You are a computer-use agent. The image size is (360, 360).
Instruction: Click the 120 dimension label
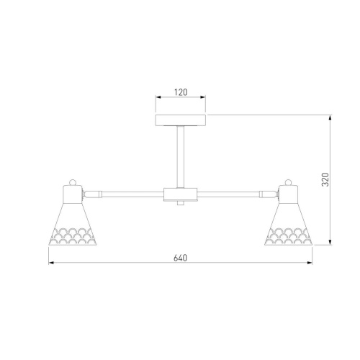click(181, 92)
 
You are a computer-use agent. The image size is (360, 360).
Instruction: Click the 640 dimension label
click(180, 258)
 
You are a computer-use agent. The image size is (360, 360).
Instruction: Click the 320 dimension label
click(325, 179)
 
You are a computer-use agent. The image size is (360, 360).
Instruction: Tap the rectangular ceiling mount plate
click(181, 120)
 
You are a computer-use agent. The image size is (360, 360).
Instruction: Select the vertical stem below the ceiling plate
click(181, 157)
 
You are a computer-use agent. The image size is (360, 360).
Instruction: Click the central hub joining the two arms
click(181, 194)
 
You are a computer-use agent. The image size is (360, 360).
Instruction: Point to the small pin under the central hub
click(181, 203)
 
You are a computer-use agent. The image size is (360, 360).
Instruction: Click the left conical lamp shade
click(73, 224)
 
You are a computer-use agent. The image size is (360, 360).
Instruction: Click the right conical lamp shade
click(288, 224)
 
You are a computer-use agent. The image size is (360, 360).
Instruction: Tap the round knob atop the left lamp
click(73, 182)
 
